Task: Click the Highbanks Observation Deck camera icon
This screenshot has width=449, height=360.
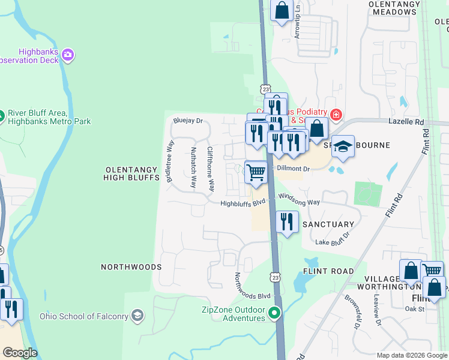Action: point(68,55)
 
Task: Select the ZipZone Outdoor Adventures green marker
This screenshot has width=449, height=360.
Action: point(275,312)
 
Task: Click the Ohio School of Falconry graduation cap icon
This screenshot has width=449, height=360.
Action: point(137,316)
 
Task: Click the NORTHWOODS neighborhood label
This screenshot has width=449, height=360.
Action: point(131,267)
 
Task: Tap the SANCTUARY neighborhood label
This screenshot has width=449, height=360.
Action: point(328,224)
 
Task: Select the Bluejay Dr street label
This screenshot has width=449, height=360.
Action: point(188,121)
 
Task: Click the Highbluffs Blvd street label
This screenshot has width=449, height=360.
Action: point(243,203)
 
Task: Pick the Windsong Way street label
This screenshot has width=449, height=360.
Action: point(298,203)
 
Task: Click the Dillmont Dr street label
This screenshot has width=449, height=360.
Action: point(292,169)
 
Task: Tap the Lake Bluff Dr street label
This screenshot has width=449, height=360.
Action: point(332,242)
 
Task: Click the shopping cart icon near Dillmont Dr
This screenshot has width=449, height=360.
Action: point(256,173)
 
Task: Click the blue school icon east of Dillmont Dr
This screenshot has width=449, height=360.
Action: point(342,146)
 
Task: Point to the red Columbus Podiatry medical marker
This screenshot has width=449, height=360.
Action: point(336,114)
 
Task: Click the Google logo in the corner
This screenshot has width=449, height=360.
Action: point(19,352)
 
